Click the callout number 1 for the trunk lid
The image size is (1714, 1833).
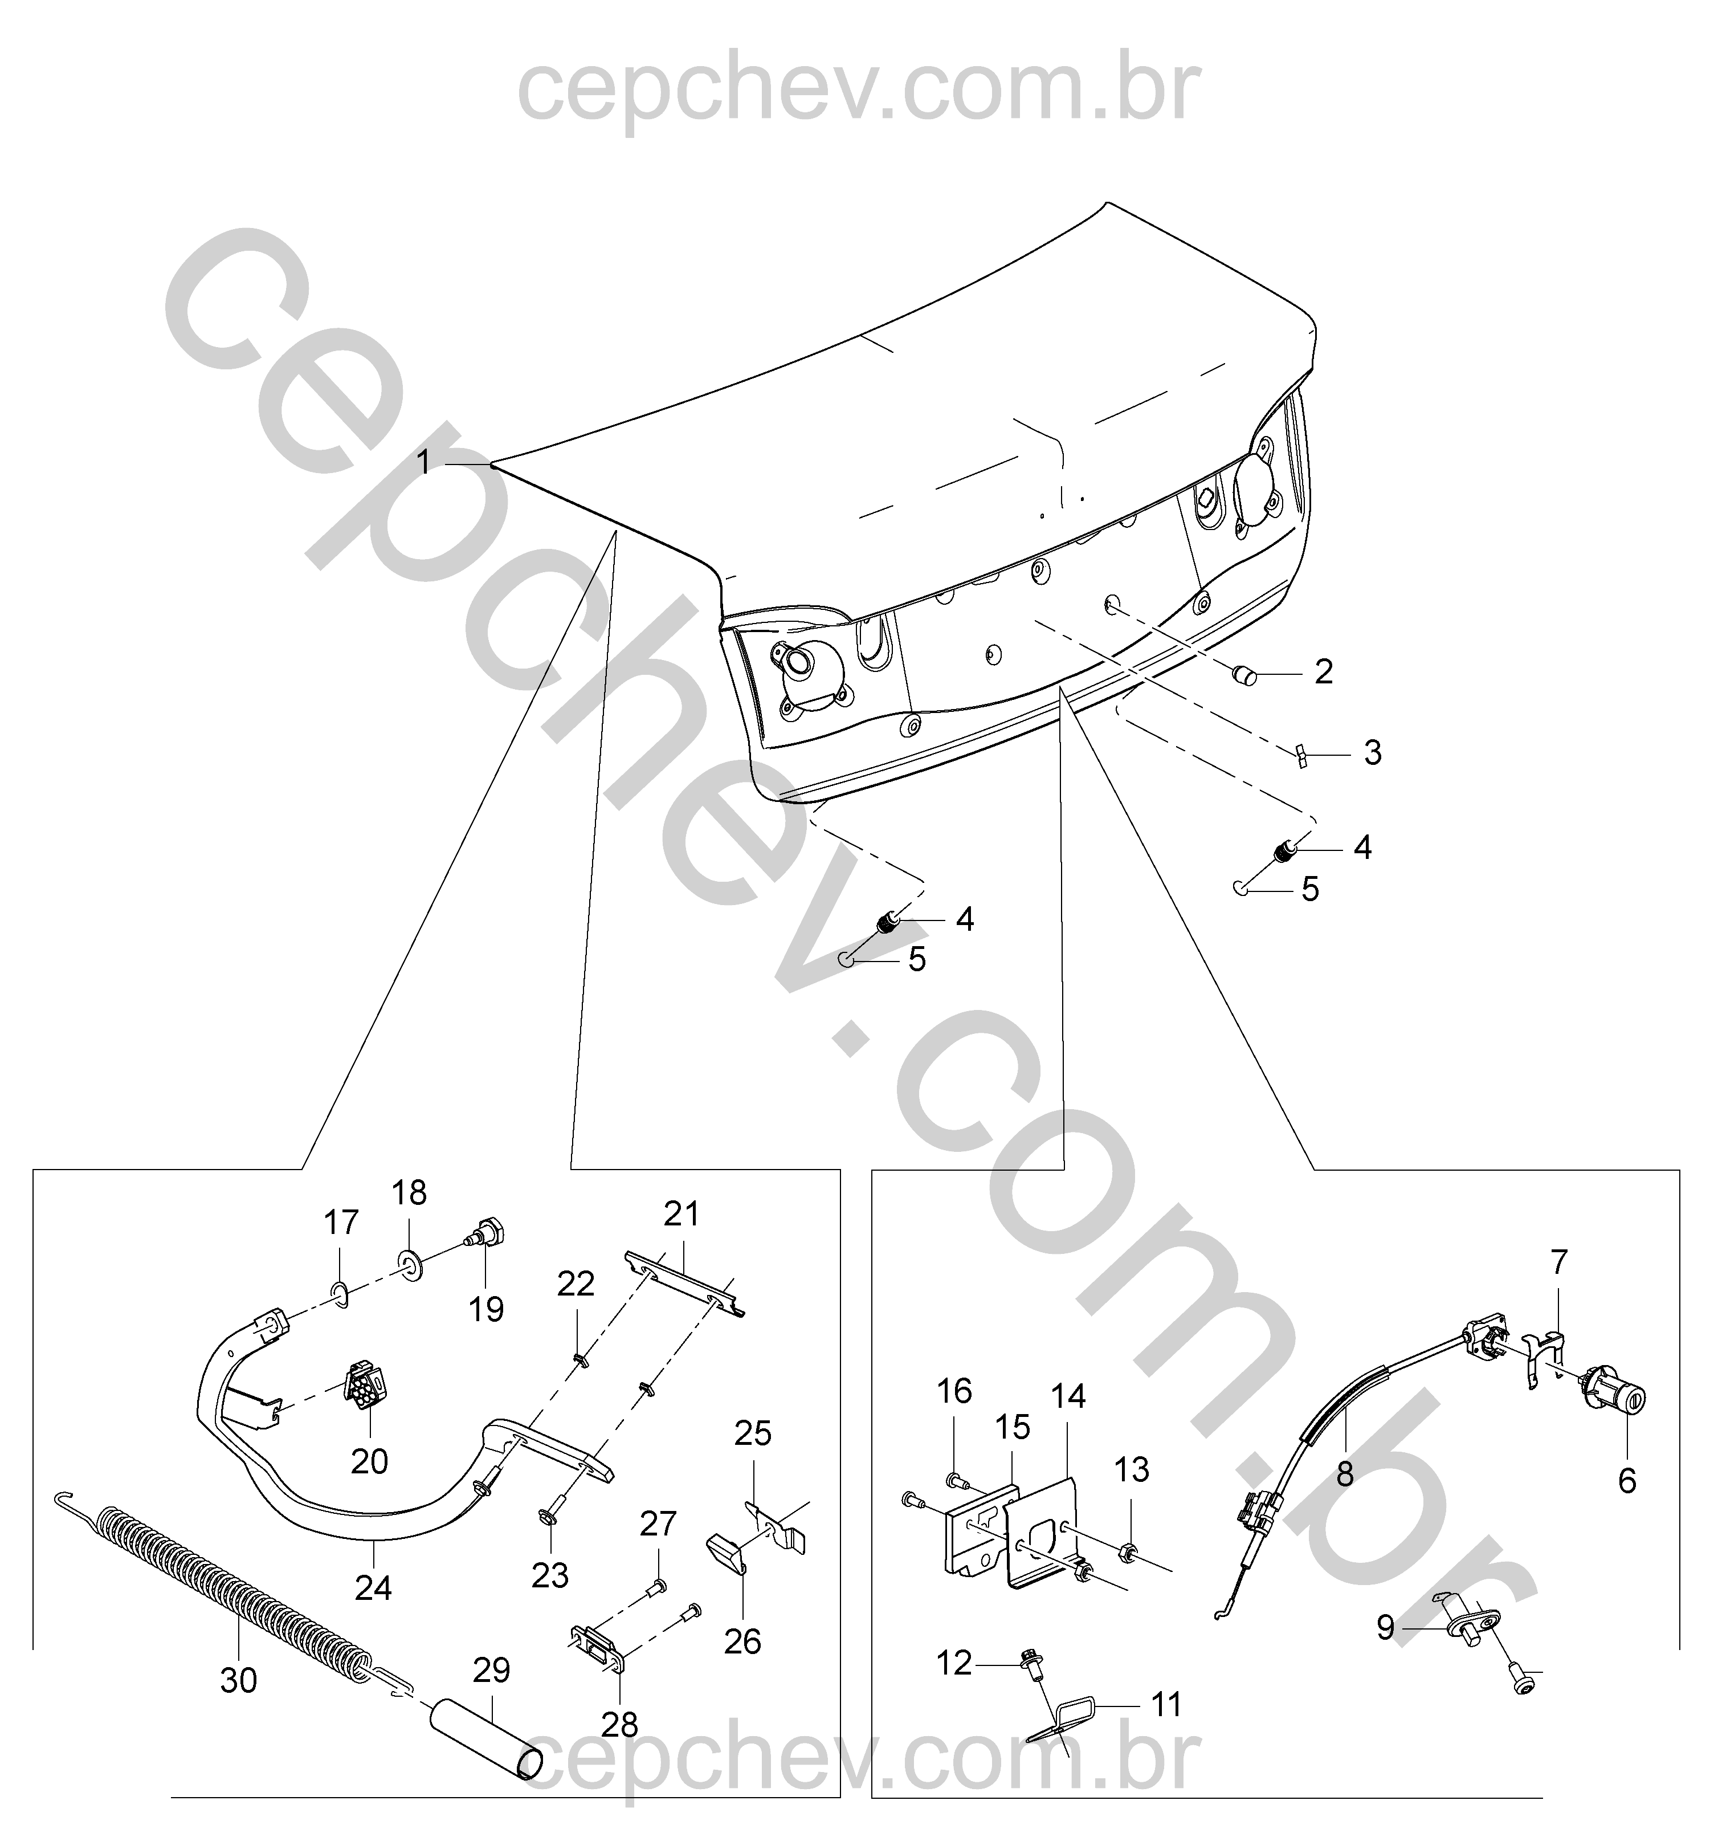click(x=424, y=462)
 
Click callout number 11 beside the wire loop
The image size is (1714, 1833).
click(x=1166, y=1704)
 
